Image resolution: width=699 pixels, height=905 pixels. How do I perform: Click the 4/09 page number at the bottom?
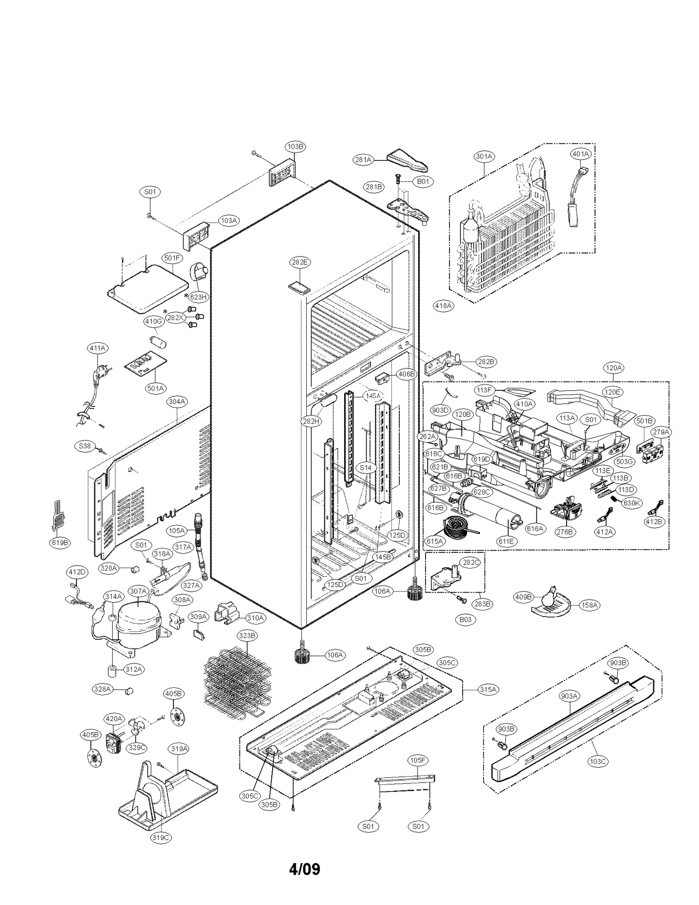point(305,869)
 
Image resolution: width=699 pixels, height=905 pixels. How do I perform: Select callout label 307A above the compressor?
point(138,591)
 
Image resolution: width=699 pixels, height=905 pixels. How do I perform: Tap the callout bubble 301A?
point(484,156)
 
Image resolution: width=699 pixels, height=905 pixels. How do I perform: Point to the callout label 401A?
point(581,154)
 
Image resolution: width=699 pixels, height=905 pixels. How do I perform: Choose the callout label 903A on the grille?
point(570,708)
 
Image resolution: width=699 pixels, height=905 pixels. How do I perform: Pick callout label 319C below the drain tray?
point(160,838)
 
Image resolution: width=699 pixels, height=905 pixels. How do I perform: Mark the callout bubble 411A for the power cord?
point(97,348)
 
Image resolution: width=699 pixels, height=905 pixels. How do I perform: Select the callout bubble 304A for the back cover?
point(177,401)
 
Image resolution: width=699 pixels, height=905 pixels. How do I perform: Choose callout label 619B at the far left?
point(60,543)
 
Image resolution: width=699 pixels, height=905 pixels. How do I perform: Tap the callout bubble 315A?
point(488,690)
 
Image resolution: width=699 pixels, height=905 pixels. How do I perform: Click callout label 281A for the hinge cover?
point(363,160)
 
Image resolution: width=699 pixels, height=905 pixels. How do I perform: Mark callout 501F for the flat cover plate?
point(172,258)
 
